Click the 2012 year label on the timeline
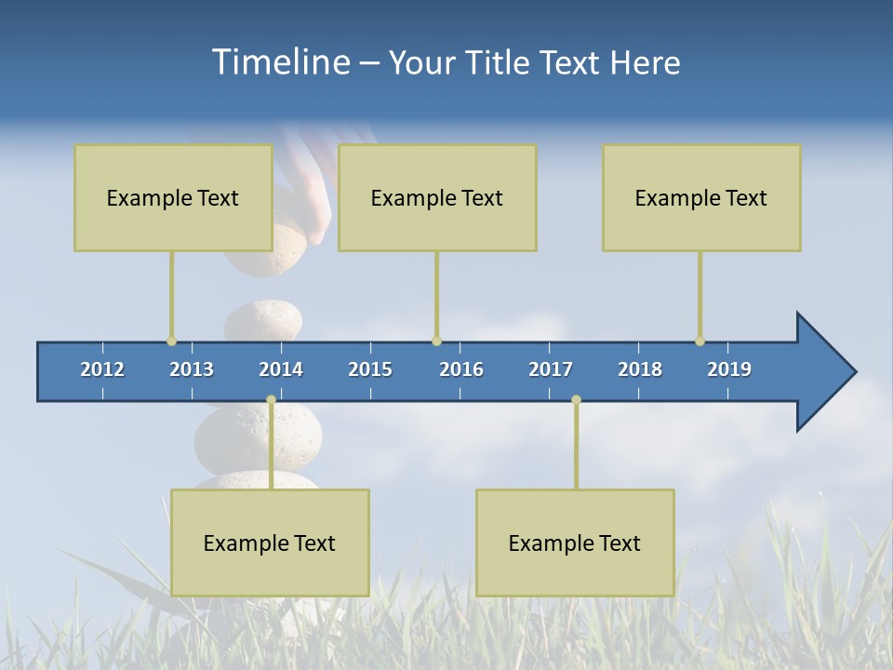(102, 369)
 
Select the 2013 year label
(192, 369)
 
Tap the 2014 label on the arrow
(281, 369)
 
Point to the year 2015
(370, 369)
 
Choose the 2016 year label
(461, 369)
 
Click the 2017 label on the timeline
(551, 369)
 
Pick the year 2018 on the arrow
(640, 369)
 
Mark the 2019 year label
(729, 369)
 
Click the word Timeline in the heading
(279, 62)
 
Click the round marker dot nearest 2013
(171, 342)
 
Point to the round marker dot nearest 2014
(271, 399)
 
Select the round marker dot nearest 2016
(436, 342)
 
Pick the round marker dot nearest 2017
(576, 399)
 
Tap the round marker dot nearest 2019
(700, 342)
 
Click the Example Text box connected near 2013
(173, 197)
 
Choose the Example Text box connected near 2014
(270, 543)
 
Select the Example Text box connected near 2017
(575, 543)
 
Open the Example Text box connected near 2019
(701, 197)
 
